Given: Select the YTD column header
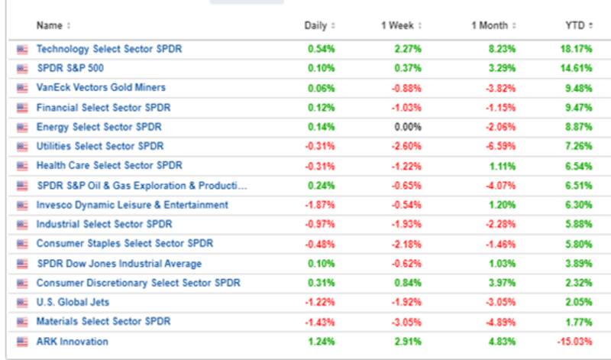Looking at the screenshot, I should click(x=574, y=25).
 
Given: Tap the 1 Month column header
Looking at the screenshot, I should click(x=489, y=25).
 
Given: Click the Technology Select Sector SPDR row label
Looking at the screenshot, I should click(x=109, y=49).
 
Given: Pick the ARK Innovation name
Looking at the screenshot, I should click(x=73, y=341).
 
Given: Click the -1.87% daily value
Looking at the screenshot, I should click(x=321, y=205).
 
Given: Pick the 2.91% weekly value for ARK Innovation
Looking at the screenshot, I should click(x=409, y=341).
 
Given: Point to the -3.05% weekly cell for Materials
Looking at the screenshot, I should click(x=407, y=321).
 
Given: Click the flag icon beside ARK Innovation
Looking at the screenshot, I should click(x=21, y=342).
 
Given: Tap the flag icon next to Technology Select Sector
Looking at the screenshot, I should click(x=21, y=50).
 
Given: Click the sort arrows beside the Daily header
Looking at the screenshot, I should click(x=333, y=25).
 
